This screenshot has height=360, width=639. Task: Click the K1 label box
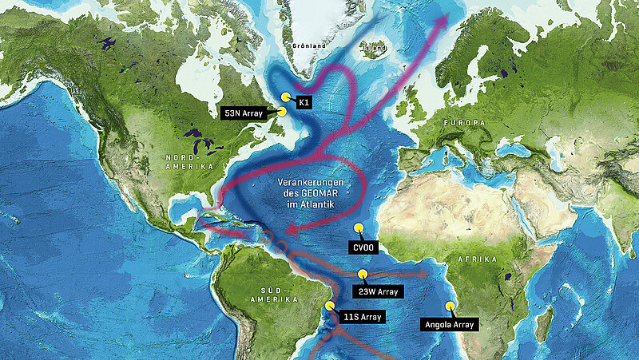(x=304, y=103)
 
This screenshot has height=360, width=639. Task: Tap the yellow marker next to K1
(x=285, y=97)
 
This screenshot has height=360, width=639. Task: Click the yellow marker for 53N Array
(x=281, y=112)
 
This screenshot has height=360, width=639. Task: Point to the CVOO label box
(x=361, y=248)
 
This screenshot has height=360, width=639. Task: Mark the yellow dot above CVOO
(x=359, y=227)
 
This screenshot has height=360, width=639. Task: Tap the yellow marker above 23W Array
(x=363, y=274)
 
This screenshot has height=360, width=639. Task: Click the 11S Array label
(x=361, y=317)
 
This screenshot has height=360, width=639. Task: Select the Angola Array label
(x=450, y=324)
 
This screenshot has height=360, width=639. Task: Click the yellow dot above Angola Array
(x=450, y=306)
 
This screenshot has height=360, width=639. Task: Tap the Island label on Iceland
(x=375, y=48)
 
